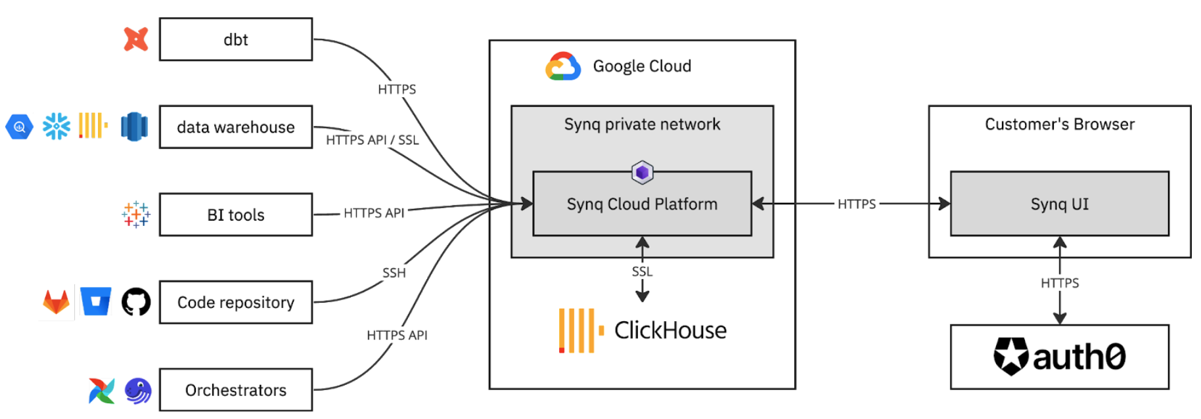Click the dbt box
click(x=236, y=39)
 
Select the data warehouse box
click(x=236, y=127)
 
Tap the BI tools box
click(x=236, y=215)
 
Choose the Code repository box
click(x=236, y=302)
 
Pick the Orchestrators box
click(x=236, y=390)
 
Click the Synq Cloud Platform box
click(x=642, y=204)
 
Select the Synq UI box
click(x=1059, y=204)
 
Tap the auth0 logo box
click(x=1059, y=357)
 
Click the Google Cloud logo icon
click(x=563, y=66)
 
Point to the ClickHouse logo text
click(x=670, y=330)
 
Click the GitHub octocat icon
click(x=136, y=302)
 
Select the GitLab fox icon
click(x=57, y=302)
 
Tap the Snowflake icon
click(x=57, y=126)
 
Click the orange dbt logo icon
click(x=136, y=39)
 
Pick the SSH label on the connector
click(x=394, y=273)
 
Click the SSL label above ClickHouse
click(x=642, y=271)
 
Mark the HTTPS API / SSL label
click(x=372, y=140)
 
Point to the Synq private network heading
click(x=642, y=124)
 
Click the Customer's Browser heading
click(x=1059, y=124)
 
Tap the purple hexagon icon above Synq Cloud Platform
click(x=642, y=173)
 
